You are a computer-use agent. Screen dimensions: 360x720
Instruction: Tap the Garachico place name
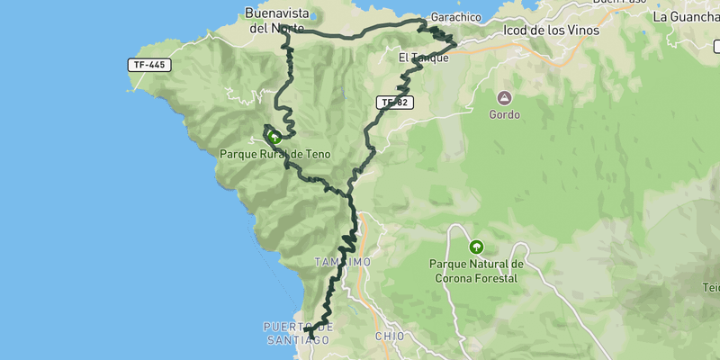(453, 17)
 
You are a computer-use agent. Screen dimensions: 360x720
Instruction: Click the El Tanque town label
(423, 58)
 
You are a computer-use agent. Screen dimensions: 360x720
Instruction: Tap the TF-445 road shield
(148, 66)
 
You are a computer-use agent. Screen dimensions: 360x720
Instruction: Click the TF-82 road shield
(394, 103)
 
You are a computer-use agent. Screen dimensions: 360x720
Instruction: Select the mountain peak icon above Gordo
(504, 97)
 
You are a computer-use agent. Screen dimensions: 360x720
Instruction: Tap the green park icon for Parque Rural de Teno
(274, 139)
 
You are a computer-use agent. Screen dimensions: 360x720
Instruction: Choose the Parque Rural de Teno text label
(274, 155)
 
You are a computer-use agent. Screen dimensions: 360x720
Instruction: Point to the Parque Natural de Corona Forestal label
(476, 271)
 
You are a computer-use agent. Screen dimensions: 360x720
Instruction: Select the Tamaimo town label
(342, 262)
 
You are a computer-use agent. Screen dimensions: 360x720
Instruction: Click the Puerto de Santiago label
(300, 332)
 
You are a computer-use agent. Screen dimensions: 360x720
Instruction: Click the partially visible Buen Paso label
(620, 3)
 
